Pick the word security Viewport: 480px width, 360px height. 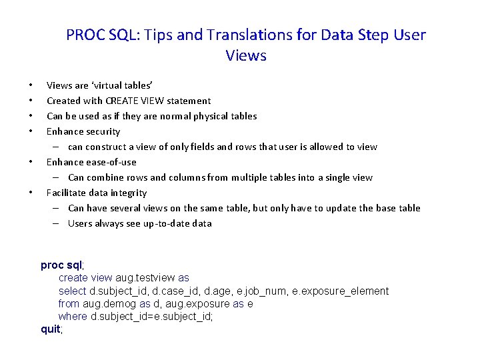coord(102,131)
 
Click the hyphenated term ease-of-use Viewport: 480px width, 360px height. coord(111,162)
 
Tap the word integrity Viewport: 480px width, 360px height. coord(129,193)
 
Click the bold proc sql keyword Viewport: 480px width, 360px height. coord(61,265)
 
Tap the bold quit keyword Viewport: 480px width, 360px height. coord(51,329)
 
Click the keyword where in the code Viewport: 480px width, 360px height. coord(73,316)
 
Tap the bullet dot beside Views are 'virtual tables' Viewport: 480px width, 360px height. coord(31,85)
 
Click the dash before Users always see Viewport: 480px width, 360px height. coord(57,223)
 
